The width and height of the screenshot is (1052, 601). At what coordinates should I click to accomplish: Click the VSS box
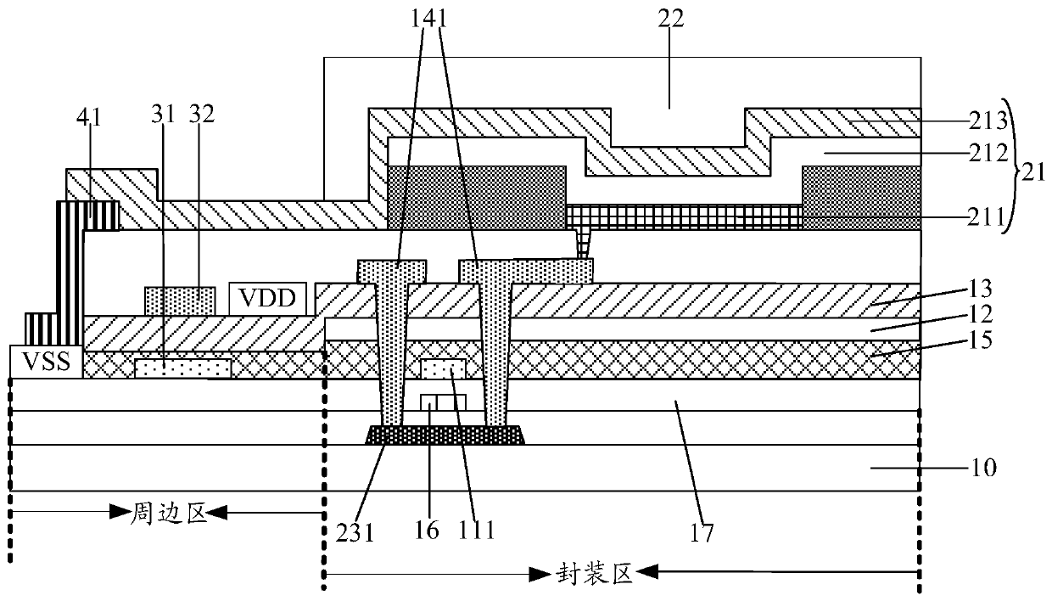tap(47, 362)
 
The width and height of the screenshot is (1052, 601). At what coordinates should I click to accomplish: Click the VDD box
tap(268, 299)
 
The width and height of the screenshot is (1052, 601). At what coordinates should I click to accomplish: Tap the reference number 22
tap(670, 20)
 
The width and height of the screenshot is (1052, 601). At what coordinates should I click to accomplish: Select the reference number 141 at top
tap(428, 20)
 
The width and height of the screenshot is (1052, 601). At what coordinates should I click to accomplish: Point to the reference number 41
tap(89, 117)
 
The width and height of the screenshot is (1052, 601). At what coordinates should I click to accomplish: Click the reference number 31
tap(163, 115)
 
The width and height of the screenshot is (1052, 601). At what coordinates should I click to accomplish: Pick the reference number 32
tap(202, 115)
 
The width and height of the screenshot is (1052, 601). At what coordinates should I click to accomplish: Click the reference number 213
tap(988, 121)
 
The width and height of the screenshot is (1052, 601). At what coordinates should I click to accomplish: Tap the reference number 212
tap(988, 153)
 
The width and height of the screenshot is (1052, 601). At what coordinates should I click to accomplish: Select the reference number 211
tap(985, 217)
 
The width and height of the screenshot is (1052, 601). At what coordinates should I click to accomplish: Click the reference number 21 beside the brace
tap(1033, 173)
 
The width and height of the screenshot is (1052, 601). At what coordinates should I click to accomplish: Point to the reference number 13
tap(980, 289)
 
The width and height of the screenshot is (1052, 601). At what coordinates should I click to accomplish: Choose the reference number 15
tap(980, 340)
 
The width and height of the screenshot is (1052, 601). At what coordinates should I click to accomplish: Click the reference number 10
tap(982, 468)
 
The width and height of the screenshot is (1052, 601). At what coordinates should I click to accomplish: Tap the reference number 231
tap(355, 533)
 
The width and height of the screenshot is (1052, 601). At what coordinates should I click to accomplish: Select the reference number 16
tap(427, 531)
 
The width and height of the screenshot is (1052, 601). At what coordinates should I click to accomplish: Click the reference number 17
tap(701, 533)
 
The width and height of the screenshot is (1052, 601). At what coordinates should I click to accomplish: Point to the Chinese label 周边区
tap(169, 513)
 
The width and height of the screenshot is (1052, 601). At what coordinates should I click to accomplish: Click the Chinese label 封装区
tap(595, 574)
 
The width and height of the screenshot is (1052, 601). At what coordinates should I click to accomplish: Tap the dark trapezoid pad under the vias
tap(445, 435)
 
